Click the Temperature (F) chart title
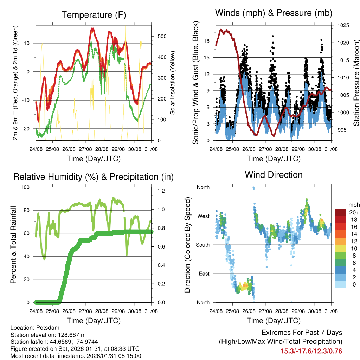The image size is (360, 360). click(94, 15)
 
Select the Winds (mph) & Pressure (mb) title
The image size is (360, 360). click(274, 13)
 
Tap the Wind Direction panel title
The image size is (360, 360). click(274, 174)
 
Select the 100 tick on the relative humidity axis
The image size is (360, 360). click(25, 187)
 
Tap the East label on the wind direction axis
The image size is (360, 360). click(203, 274)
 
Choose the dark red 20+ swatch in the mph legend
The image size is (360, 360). click(340, 212)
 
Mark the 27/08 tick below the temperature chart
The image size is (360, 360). click(85, 149)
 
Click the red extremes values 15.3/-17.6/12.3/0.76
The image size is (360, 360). click(311, 351)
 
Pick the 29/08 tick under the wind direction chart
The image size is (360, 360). click(298, 311)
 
